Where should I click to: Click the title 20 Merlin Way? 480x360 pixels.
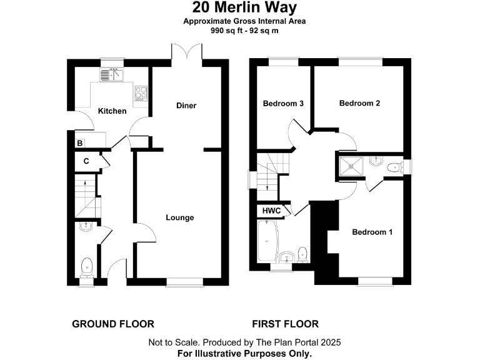(x=240, y=8)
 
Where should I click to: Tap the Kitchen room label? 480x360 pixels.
(x=112, y=111)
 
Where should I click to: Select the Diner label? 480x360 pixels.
(x=186, y=106)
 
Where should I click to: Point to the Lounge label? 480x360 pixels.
(x=180, y=217)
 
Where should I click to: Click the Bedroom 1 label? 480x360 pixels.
(x=372, y=232)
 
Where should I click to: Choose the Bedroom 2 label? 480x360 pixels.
(x=359, y=104)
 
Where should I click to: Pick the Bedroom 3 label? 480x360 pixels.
(x=283, y=104)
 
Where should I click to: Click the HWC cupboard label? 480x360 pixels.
(x=271, y=211)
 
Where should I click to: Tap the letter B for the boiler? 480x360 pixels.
(x=79, y=144)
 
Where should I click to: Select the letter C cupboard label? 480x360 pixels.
(x=86, y=161)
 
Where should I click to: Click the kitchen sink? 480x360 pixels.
(x=112, y=75)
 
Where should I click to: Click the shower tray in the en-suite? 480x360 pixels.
(x=351, y=164)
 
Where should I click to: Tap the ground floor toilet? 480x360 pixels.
(x=86, y=267)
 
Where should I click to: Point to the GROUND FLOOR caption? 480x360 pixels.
(x=113, y=324)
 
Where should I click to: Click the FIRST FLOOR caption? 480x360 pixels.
(x=285, y=324)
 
